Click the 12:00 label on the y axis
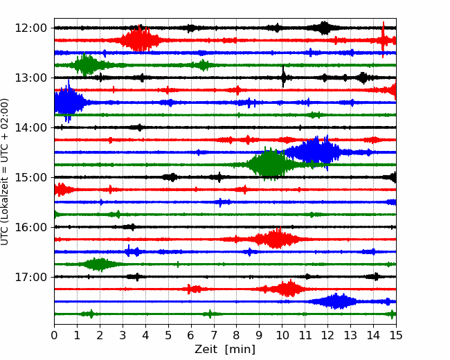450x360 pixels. click(31, 28)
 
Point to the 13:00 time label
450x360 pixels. click(31, 78)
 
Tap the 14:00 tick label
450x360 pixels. click(31, 127)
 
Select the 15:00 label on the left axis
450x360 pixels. click(31, 177)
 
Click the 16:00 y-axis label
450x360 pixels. click(31, 227)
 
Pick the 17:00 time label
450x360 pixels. click(31, 277)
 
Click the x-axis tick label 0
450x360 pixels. click(54, 335)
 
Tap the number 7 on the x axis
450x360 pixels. click(214, 335)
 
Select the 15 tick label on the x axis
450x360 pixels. click(396, 335)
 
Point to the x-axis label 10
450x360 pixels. click(282, 335)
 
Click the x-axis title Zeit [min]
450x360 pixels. click(225, 350)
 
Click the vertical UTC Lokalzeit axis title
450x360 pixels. click(5, 172)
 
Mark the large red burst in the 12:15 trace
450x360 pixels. click(140, 39)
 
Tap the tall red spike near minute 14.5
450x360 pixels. click(383, 39)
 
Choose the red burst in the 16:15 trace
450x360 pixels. click(276, 239)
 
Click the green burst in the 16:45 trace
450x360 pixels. click(99, 264)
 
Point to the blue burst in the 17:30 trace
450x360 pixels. click(336, 301)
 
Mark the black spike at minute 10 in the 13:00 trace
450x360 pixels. click(283, 77)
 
